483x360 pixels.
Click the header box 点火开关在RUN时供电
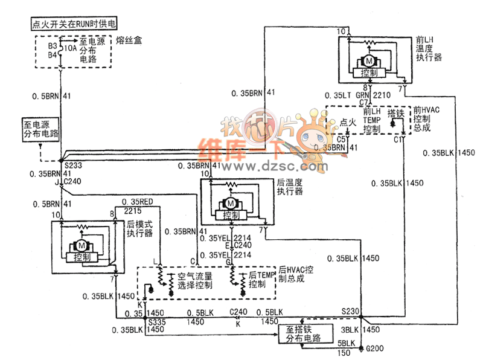73,24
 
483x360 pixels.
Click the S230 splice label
350,312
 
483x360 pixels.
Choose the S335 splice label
158,322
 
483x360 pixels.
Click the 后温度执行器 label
290,187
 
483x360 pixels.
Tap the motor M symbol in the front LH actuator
367,61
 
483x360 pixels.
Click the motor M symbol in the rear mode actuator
81,245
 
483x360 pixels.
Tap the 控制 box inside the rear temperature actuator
231,215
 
